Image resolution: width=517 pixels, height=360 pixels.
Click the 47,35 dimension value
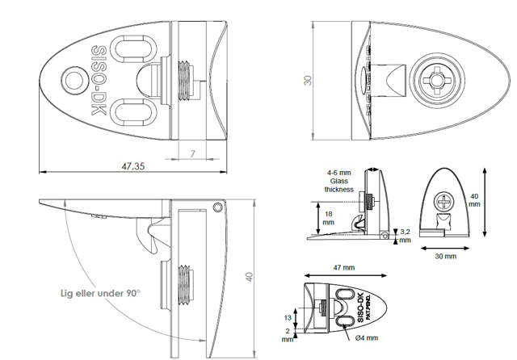134,166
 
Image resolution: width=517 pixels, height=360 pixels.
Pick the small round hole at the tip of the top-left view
74,82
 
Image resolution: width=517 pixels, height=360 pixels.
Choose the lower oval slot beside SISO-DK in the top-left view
130,111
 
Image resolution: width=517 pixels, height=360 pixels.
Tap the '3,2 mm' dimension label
405,236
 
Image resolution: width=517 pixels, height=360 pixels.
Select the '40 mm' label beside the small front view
496,199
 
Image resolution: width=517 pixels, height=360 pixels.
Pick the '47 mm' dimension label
343,267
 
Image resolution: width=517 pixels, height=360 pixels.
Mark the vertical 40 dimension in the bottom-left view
251,277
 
